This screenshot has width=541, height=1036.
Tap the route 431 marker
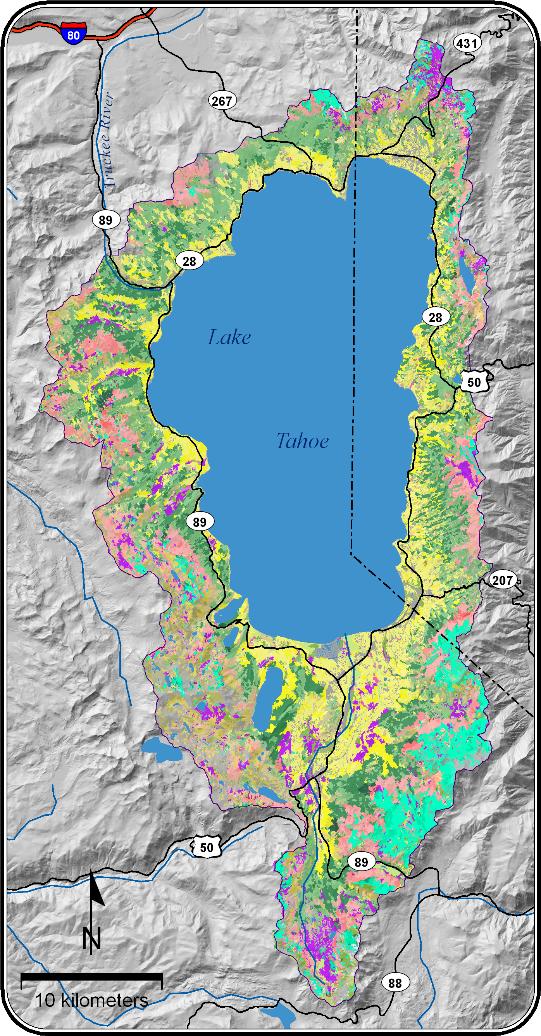tap(467, 43)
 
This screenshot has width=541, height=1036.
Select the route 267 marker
tap(222, 101)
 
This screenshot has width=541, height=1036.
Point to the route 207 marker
tap(502, 580)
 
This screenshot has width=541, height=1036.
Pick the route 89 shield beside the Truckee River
tap(106, 220)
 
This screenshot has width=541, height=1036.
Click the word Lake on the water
tap(229, 337)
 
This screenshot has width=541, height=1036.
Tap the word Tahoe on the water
tap(302, 441)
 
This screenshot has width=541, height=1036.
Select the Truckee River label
tap(108, 141)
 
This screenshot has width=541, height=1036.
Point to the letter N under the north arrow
tap(91, 938)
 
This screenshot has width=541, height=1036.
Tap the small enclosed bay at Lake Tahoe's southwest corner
tap(224, 615)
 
